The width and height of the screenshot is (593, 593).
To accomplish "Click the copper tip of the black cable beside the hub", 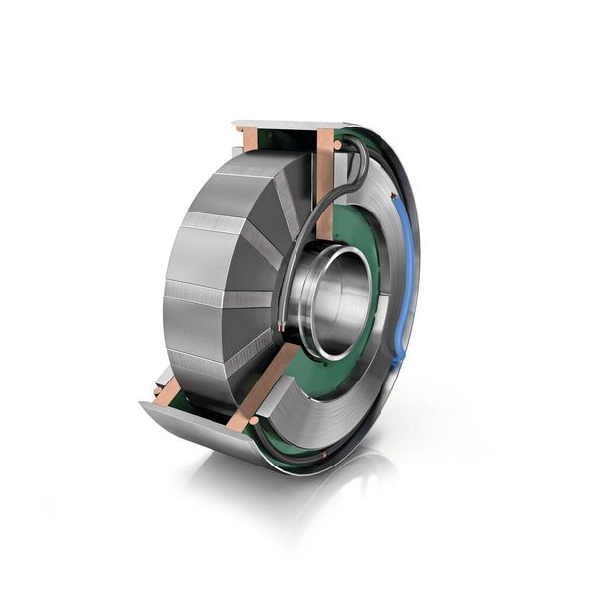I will point(283,324).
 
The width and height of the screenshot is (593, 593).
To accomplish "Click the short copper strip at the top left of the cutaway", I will point(249,138).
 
